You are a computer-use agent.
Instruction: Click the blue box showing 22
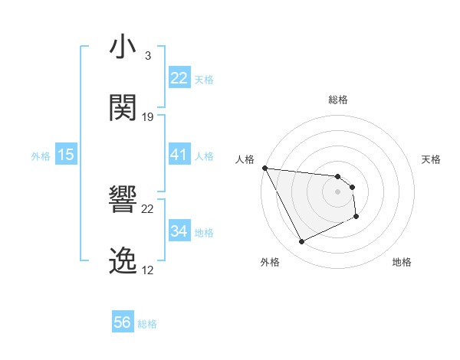click(x=179, y=78)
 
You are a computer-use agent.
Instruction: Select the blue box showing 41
click(x=179, y=155)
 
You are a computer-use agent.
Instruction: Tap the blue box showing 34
click(x=179, y=231)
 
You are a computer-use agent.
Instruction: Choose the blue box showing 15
click(x=66, y=155)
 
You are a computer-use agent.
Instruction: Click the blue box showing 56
click(x=123, y=323)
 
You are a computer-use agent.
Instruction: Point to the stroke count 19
click(x=148, y=117)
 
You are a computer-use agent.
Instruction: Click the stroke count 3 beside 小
click(x=147, y=56)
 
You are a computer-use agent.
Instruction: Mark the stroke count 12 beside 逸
click(x=148, y=270)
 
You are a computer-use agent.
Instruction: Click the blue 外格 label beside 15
click(x=41, y=156)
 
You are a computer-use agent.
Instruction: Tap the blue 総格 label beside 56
click(x=147, y=325)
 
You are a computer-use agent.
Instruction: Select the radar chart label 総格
click(x=338, y=100)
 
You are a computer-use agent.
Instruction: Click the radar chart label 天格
click(x=432, y=159)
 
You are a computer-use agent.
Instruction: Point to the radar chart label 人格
click(x=245, y=159)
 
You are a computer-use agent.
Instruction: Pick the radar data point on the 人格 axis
click(x=264, y=168)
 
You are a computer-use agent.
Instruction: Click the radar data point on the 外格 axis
click(x=301, y=242)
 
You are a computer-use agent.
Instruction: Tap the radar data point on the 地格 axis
click(x=356, y=217)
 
